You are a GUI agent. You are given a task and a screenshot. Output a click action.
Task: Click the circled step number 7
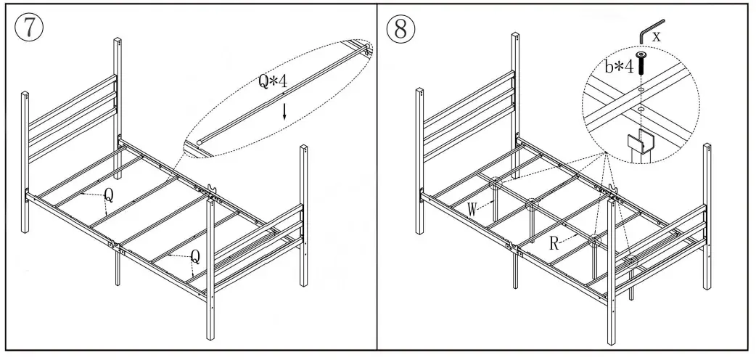[28, 29]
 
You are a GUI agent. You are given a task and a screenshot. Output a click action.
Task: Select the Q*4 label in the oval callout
[273, 81]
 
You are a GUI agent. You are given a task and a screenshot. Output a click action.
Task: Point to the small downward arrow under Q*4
[285, 111]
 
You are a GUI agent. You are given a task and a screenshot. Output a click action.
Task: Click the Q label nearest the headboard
[108, 194]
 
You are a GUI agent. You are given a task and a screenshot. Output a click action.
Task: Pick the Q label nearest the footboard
[194, 255]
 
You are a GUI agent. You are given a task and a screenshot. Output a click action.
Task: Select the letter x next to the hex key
[656, 35]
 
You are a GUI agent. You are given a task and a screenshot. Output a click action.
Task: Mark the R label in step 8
[554, 243]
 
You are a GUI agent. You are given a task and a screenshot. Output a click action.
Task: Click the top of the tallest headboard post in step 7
[117, 37]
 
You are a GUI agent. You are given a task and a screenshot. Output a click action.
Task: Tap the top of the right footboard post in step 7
[305, 149]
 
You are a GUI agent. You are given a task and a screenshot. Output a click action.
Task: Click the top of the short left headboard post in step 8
[420, 92]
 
